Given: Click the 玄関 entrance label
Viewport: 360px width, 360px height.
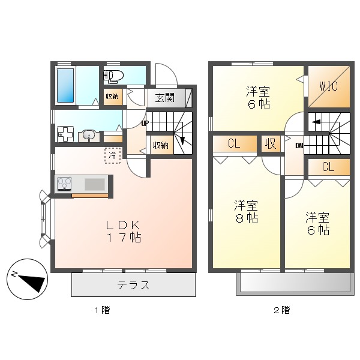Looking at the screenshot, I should pyautogui.click(x=165, y=98).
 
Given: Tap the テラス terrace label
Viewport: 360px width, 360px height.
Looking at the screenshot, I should pyautogui.click(x=133, y=285).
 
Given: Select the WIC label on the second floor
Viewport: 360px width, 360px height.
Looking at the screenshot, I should pyautogui.click(x=328, y=86).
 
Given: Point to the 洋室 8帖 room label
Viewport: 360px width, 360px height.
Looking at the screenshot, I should pyautogui.click(x=246, y=212).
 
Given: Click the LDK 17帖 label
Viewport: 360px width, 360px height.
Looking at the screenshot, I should pyautogui.click(x=124, y=231).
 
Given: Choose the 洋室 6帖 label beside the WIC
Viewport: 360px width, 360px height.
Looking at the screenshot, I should pyautogui.click(x=257, y=98).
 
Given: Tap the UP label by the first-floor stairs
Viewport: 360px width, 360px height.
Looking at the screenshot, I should pyautogui.click(x=145, y=123).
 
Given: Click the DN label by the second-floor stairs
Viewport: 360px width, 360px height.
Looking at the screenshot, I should pyautogui.click(x=299, y=145).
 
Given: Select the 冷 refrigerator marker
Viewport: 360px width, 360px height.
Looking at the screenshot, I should pyautogui.click(x=113, y=155).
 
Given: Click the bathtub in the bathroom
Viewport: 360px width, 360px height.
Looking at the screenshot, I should pyautogui.click(x=65, y=85).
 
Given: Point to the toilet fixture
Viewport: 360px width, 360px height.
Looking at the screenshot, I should pyautogui.click(x=113, y=76).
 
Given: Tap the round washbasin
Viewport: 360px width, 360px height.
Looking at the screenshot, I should pyautogui.click(x=89, y=135).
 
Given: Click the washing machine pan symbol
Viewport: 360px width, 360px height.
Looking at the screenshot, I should pyautogui.click(x=65, y=134).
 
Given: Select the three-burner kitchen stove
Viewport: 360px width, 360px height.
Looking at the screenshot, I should pyautogui.click(x=64, y=183).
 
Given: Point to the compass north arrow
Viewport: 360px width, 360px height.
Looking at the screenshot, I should pyautogui.click(x=28, y=278).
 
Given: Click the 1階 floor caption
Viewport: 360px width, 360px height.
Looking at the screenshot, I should pyautogui.click(x=101, y=310).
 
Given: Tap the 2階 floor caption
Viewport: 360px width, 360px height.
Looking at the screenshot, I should pyautogui.click(x=282, y=310).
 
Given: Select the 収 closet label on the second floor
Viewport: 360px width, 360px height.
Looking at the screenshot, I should pyautogui.click(x=271, y=144).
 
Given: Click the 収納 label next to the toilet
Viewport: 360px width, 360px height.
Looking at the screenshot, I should pyautogui.click(x=112, y=97).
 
